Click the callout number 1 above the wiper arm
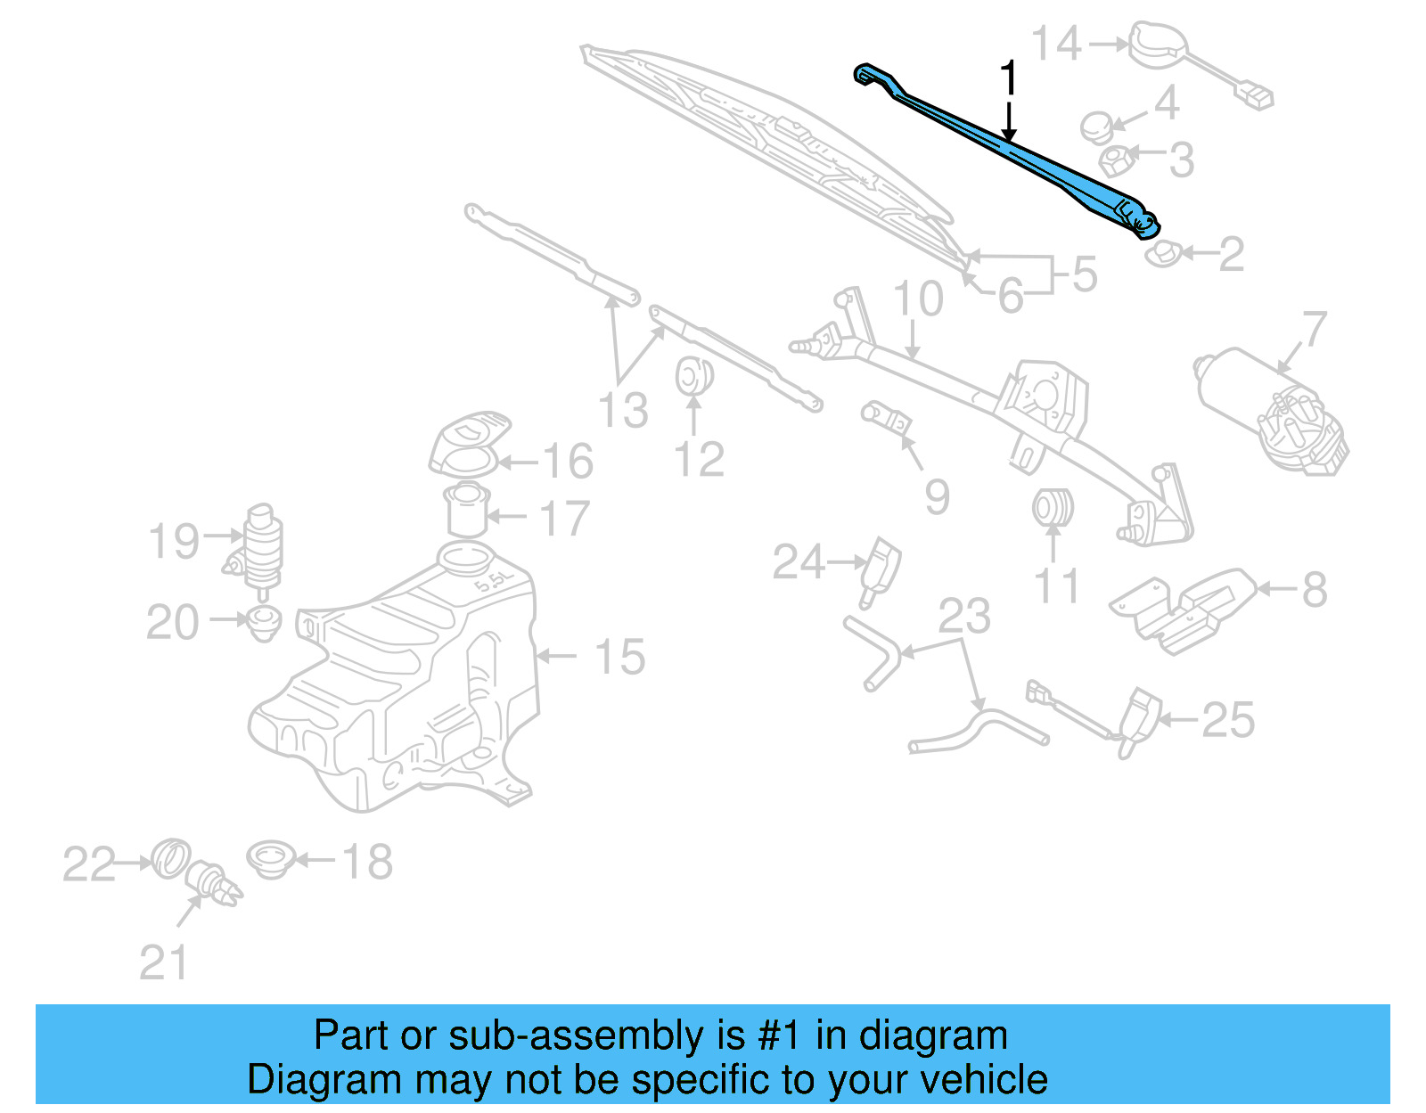(1008, 78)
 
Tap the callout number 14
(1057, 43)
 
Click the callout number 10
(918, 299)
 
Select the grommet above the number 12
(693, 375)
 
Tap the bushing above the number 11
(1053, 508)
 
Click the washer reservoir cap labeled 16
(468, 444)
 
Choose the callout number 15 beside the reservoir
(619, 658)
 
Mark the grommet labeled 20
(264, 620)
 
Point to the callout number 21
(164, 963)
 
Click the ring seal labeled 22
(170, 858)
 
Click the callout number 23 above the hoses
(964, 616)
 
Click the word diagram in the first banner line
(932, 1036)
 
